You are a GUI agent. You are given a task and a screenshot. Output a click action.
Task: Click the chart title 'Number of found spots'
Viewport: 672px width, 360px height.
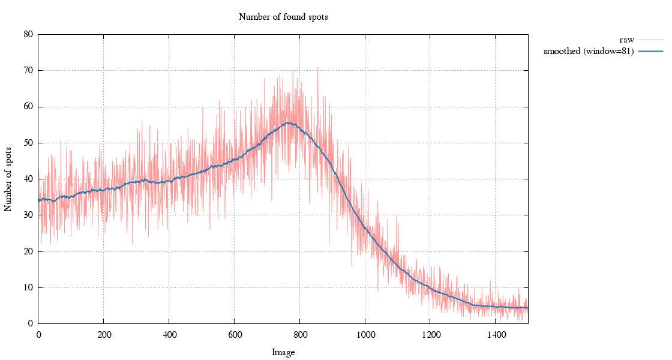[x=283, y=17]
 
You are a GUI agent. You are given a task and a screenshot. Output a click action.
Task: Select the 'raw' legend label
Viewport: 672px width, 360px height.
[x=626, y=40]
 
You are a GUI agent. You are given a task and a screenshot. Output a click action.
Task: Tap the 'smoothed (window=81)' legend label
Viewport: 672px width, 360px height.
[x=589, y=52]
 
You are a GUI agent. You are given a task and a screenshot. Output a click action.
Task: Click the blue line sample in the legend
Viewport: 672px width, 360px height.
[x=650, y=52]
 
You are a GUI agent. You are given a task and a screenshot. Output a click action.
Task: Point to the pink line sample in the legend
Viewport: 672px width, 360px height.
[x=650, y=40]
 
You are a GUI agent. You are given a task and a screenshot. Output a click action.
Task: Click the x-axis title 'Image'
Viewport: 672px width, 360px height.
[x=283, y=353]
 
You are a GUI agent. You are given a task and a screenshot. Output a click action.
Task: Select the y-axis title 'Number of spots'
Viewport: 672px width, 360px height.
[x=8, y=179]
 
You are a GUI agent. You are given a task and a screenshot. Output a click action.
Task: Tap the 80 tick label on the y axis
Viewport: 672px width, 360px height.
[x=28, y=34]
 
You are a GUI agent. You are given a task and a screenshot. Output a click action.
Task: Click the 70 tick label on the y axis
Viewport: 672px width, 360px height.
[x=28, y=70]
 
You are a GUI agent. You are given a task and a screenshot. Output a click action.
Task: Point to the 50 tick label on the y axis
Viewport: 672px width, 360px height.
[x=28, y=143]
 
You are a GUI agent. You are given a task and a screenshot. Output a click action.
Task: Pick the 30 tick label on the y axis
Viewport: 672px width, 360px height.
[x=28, y=215]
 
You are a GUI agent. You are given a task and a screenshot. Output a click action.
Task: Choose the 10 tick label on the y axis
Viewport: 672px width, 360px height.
[x=28, y=287]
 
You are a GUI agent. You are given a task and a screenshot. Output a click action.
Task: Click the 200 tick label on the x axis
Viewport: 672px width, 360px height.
[x=104, y=335]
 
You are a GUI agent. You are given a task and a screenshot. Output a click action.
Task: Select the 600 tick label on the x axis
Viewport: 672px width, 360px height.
[x=235, y=335]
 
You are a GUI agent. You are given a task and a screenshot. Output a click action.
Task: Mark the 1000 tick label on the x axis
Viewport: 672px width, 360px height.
[x=365, y=335]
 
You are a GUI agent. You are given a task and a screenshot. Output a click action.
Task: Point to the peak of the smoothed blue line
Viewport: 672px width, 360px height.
[x=289, y=122]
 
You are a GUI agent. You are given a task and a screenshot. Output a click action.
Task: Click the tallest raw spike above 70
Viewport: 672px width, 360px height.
[x=317, y=67]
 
